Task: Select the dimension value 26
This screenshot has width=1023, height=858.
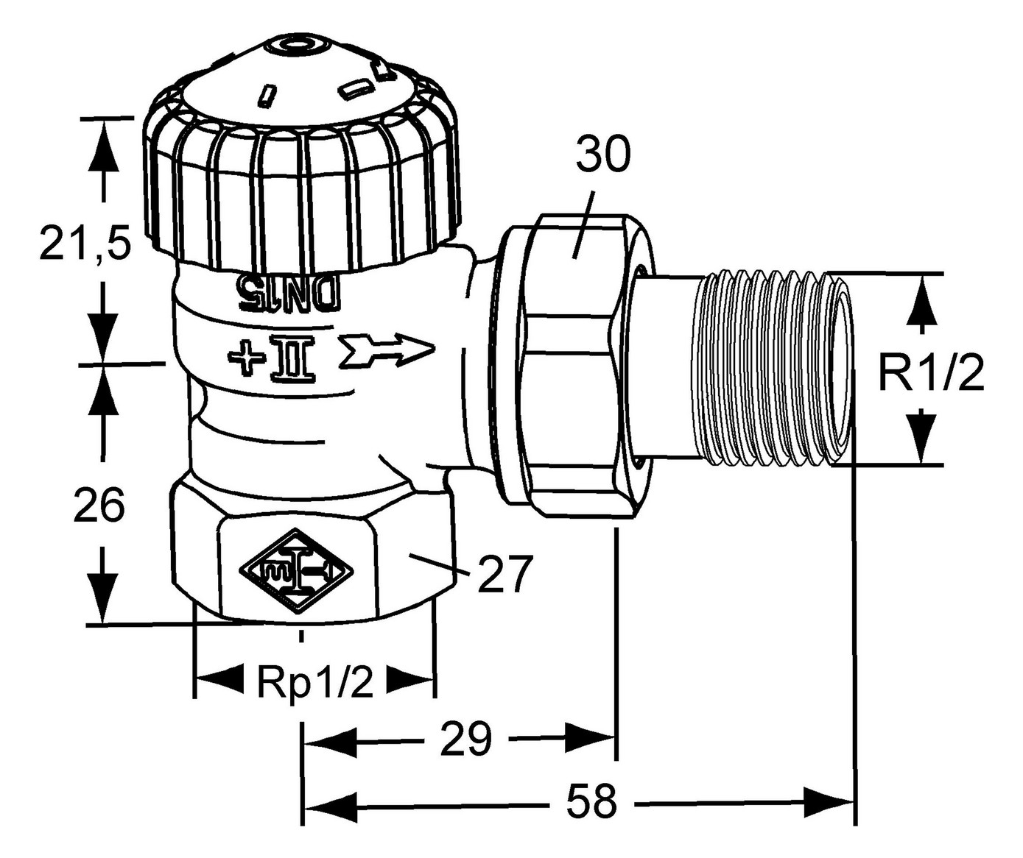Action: pyautogui.click(x=99, y=506)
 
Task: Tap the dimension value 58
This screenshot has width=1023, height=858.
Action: pyautogui.click(x=591, y=801)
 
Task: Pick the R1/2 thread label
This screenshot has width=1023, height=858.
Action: pyautogui.click(x=930, y=373)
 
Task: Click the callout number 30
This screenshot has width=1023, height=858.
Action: pyautogui.click(x=602, y=155)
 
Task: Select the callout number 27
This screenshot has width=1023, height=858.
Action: pyautogui.click(x=505, y=574)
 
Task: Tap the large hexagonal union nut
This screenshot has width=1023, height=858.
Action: pyautogui.click(x=574, y=368)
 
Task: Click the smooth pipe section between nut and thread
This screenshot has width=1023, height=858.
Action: pyautogui.click(x=667, y=368)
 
